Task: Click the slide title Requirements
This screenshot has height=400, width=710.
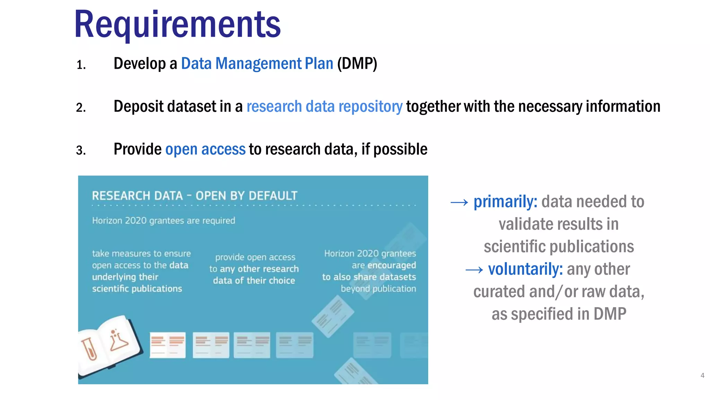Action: (177, 24)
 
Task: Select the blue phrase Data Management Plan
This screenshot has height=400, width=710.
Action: (257, 64)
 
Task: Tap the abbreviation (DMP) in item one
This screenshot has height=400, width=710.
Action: (357, 64)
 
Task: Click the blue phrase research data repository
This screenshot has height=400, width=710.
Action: (324, 106)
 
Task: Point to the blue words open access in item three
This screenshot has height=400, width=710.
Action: (205, 149)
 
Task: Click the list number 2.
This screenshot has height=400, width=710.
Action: (81, 108)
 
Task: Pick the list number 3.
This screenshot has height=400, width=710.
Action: (81, 150)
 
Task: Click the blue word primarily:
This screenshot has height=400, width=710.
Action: (505, 202)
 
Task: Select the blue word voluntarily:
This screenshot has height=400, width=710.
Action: (525, 269)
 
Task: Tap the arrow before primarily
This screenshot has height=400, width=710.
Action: (459, 202)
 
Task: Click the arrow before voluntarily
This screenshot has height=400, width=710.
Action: (474, 270)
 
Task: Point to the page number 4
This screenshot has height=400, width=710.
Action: (702, 375)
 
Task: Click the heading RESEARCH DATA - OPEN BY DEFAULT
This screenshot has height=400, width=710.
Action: (194, 196)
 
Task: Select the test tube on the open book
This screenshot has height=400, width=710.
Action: (89, 349)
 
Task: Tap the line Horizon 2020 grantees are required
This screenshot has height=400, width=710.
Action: (163, 221)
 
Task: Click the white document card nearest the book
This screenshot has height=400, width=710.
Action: (167, 345)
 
